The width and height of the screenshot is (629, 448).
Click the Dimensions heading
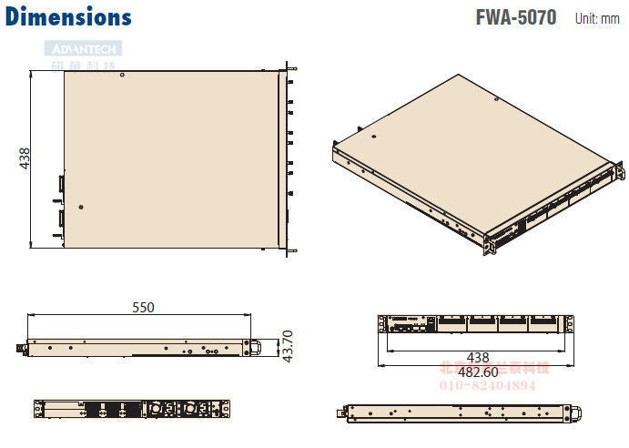68,16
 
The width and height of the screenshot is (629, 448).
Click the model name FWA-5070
515,18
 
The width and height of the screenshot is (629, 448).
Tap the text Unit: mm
597,19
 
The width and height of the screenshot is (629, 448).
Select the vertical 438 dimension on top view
24,158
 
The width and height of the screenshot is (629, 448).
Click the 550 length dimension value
143,308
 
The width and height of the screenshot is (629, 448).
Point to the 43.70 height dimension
288,345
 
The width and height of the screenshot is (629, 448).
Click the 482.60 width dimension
477,372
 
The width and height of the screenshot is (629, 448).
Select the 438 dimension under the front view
478,358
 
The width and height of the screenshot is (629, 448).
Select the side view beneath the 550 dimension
137,346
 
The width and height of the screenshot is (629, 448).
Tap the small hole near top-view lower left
82,207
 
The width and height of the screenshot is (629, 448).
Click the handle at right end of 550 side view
257,346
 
